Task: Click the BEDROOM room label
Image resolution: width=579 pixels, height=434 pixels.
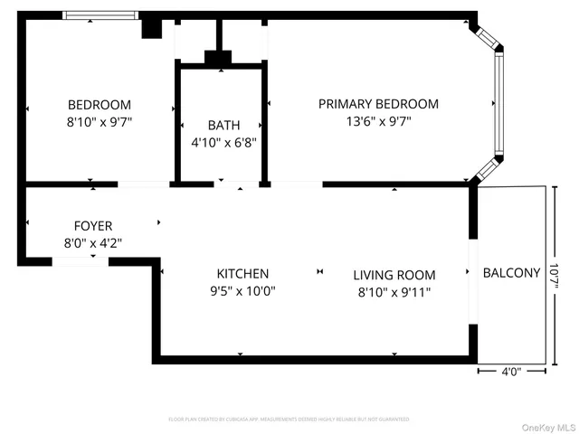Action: [x=100, y=104]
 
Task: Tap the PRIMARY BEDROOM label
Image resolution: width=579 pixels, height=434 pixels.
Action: [x=378, y=104]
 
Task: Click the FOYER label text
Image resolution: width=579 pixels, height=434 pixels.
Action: [x=93, y=225]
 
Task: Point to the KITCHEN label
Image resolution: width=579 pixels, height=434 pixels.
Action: [x=242, y=273]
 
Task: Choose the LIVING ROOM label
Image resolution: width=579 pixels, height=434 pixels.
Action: [x=394, y=275]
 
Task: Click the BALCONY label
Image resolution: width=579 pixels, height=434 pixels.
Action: [x=511, y=272]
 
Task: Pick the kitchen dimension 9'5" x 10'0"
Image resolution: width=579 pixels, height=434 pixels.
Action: [x=242, y=290]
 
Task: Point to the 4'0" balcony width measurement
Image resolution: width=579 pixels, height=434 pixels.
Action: [x=511, y=371]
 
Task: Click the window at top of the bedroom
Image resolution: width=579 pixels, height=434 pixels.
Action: [x=100, y=15]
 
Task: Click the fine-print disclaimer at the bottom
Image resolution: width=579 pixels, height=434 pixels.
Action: [x=289, y=420]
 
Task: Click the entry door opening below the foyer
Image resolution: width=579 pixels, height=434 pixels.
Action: [x=80, y=261]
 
